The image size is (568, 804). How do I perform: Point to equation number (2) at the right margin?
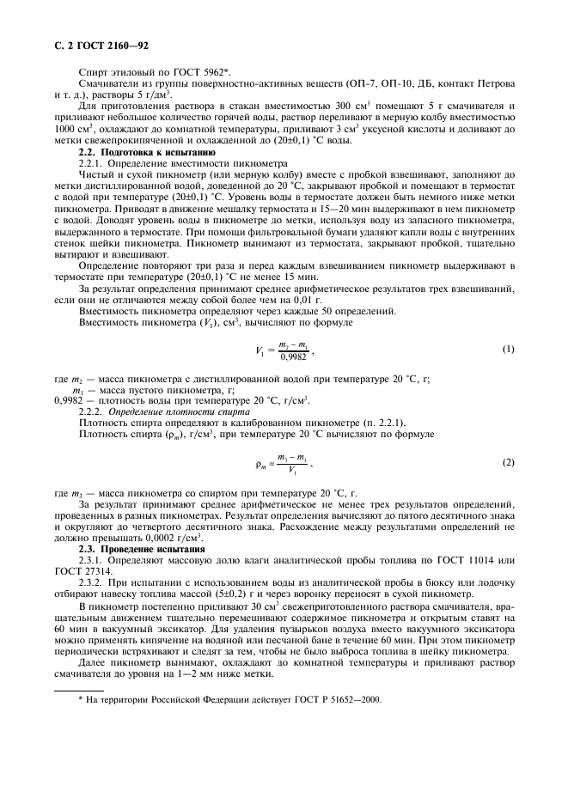pos(508,463)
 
